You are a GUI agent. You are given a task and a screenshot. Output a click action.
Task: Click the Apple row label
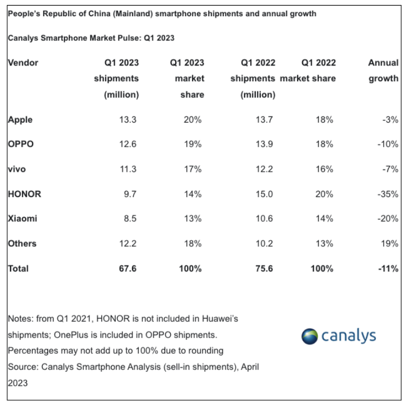[20, 120]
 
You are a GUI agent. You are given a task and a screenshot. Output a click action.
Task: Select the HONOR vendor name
[25, 194]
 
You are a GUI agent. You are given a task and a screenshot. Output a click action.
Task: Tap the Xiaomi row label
[22, 219]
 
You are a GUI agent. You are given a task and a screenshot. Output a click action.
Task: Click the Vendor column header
[23, 63]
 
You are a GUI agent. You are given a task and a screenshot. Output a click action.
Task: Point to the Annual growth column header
[383, 71]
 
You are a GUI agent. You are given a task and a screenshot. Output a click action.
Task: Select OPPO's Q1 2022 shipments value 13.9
[266, 144]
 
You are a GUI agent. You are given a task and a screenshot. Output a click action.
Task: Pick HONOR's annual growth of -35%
[387, 194]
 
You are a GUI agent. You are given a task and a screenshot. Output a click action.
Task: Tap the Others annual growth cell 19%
[389, 243]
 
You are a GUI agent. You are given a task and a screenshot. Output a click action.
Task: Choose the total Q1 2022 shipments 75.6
[266, 269]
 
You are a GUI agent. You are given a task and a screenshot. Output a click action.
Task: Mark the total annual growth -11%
[387, 269]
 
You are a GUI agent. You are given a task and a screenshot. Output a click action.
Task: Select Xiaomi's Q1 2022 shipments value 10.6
[266, 219]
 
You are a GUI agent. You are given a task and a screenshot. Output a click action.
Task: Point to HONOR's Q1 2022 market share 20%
[324, 194]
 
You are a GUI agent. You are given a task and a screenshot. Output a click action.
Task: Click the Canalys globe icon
[309, 336]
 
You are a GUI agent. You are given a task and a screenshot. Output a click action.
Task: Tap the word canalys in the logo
[348, 336]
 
